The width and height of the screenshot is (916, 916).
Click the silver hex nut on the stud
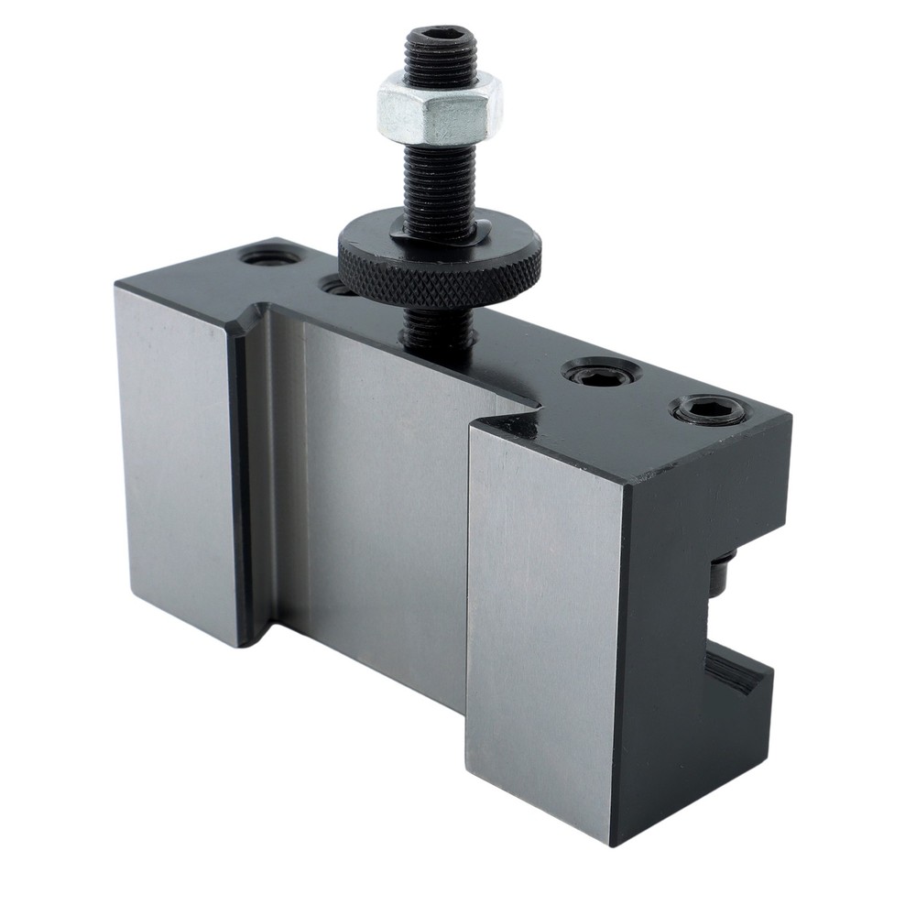[x=438, y=106]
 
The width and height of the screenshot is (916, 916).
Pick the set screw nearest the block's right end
[x=708, y=409]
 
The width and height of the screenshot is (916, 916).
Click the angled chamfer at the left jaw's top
[x=245, y=325]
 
